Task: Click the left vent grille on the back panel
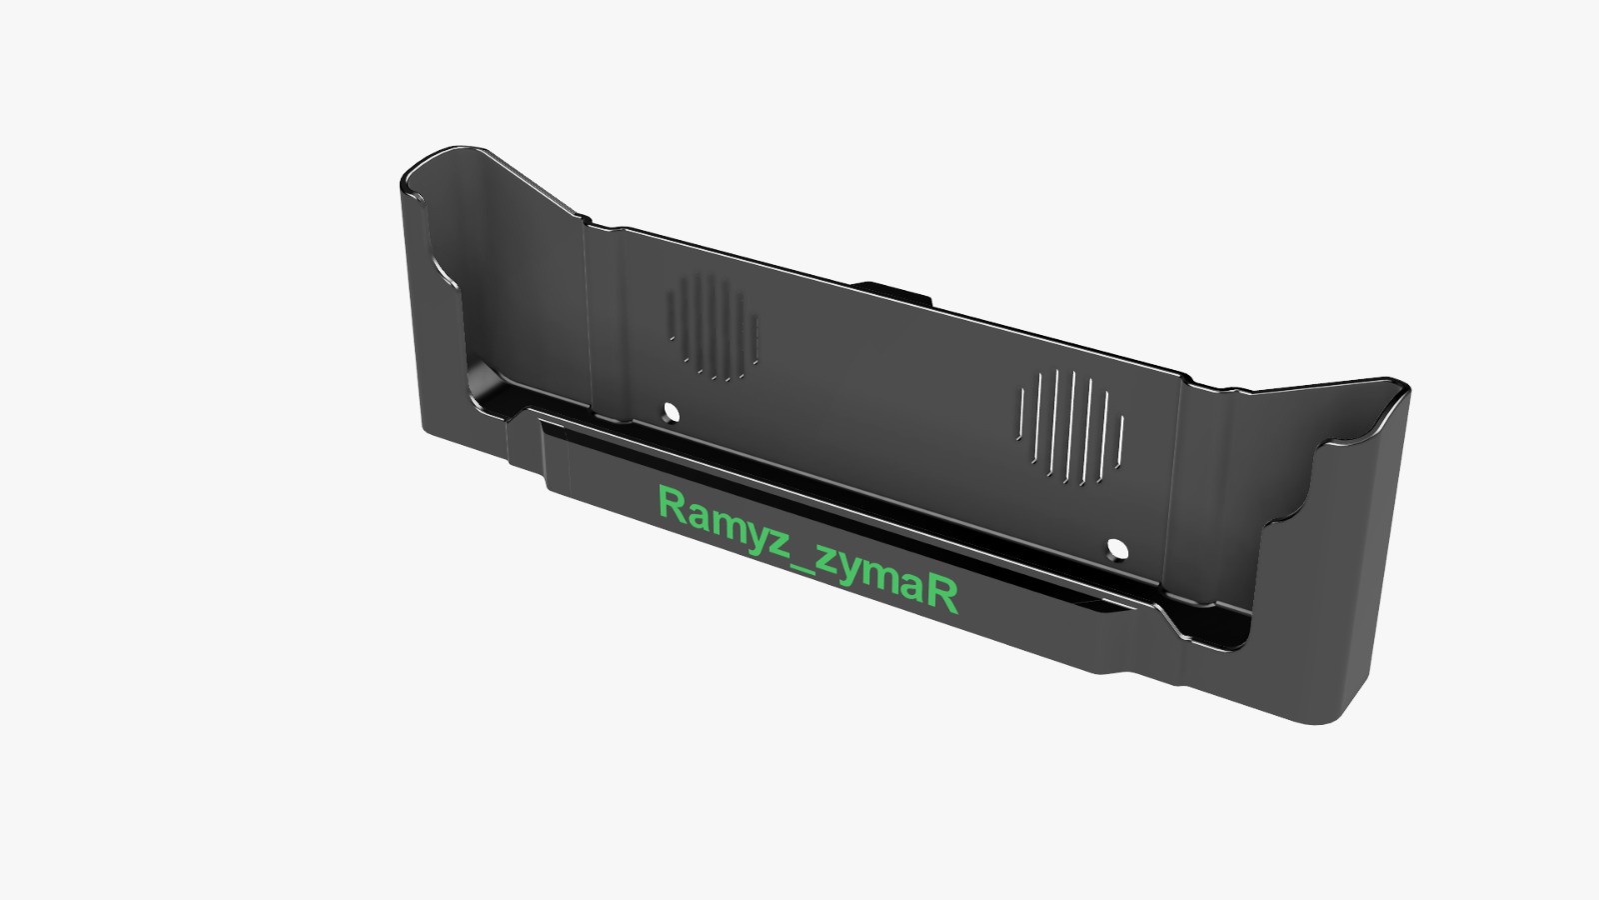713,327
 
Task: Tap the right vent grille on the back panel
1070,428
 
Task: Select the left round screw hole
671,411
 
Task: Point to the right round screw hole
1117,549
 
